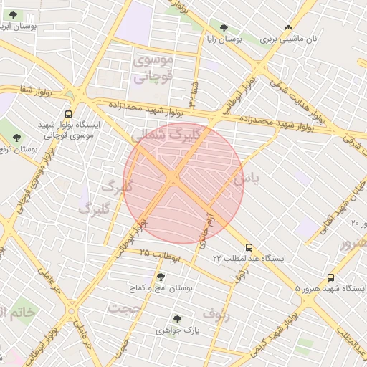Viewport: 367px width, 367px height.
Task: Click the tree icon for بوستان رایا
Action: tap(224, 29)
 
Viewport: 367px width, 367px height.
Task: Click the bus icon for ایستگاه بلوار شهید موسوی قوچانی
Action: tap(68, 113)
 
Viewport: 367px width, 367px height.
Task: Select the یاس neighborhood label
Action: tap(243, 175)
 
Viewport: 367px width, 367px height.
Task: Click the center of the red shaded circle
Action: tap(183, 183)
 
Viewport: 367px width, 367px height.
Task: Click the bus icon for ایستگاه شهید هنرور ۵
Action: tap(330, 277)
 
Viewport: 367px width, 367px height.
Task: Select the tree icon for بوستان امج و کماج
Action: tap(160, 277)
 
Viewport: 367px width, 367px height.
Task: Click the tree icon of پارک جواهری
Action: tap(177, 319)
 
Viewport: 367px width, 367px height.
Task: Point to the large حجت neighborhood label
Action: tap(125, 308)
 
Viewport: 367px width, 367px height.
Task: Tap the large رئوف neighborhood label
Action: tap(217, 313)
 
